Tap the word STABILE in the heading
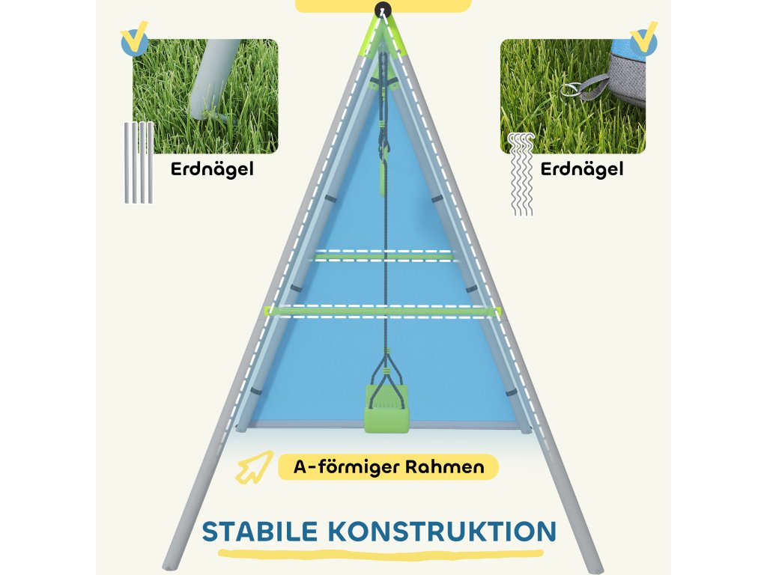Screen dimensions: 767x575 [261, 531]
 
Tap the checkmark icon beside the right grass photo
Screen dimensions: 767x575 [643, 40]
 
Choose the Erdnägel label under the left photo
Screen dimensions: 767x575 [212, 169]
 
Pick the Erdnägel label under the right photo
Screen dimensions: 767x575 [582, 169]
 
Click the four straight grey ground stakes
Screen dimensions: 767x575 [139, 162]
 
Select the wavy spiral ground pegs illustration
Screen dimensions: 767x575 [521, 174]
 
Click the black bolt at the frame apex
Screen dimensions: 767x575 [383, 10]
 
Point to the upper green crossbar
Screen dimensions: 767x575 [384, 256]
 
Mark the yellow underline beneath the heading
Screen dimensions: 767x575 [381, 554]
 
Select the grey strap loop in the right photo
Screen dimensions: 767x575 [597, 85]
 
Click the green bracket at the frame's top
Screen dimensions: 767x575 [383, 31]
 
